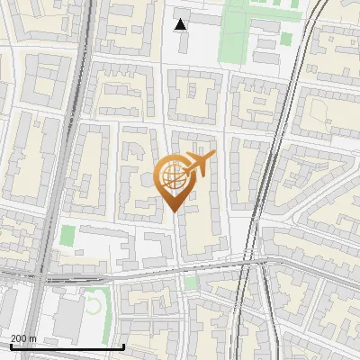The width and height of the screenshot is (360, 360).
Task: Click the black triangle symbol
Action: coord(181,24)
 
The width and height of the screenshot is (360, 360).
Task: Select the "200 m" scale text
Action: coord(22,337)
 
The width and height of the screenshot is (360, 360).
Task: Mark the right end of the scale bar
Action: coord(123,346)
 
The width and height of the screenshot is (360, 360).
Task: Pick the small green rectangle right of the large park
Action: coord(286,39)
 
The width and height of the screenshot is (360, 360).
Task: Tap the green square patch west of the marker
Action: coord(67,236)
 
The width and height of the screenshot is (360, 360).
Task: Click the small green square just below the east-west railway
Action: coord(190,283)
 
